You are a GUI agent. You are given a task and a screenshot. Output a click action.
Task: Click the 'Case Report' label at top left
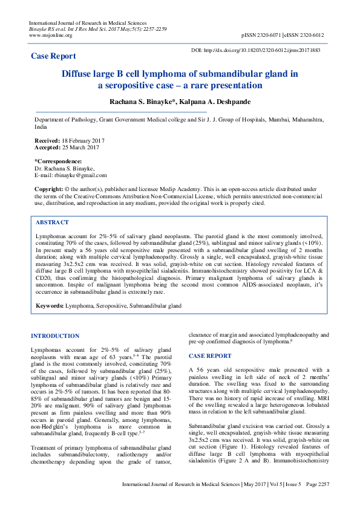coord(53,56)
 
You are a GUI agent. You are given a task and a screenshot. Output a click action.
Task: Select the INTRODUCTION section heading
coord(54,336)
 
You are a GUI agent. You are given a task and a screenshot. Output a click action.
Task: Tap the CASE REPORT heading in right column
coord(210,356)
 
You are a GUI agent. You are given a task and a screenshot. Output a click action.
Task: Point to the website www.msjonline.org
coord(51,35)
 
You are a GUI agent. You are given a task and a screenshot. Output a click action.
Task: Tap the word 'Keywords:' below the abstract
coord(49,306)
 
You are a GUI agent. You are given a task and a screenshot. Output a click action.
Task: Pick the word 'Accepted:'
coord(48,148)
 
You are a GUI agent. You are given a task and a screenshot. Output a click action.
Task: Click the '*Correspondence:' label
coord(58,161)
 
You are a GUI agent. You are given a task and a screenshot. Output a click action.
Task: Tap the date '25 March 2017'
coord(81,148)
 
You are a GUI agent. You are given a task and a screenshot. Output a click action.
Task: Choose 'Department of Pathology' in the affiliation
coord(65,120)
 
